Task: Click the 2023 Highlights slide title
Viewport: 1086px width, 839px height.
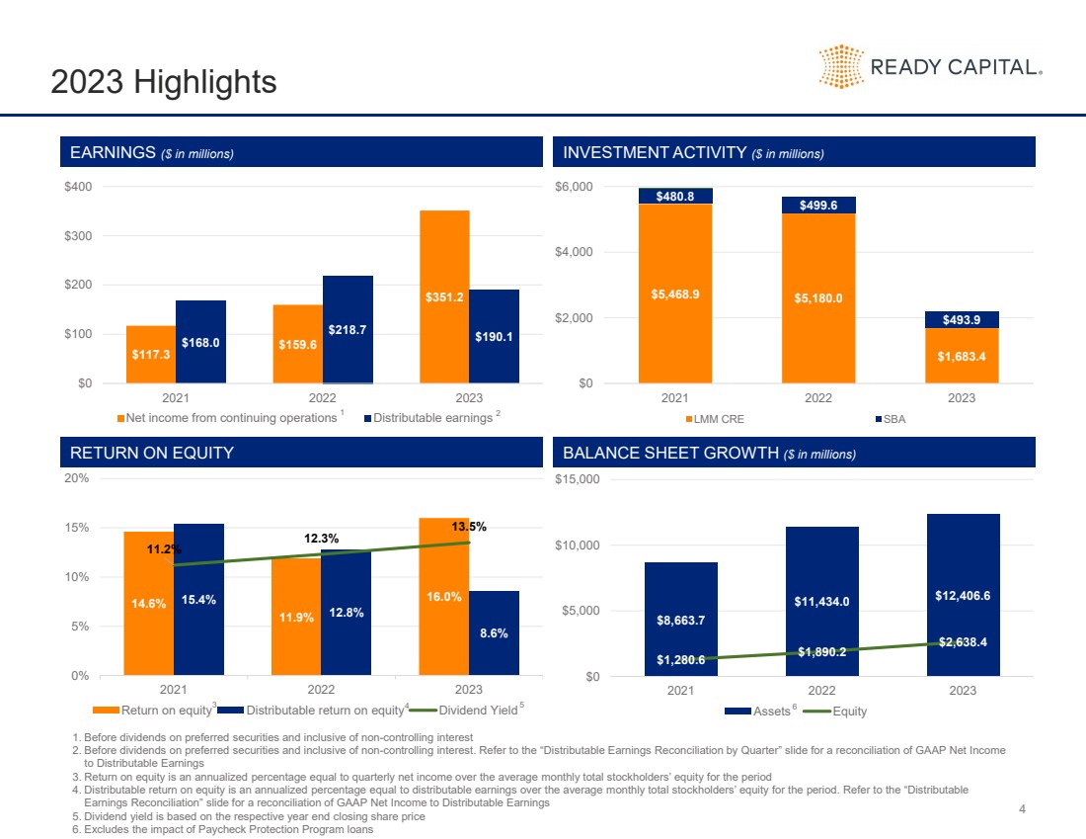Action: (164, 82)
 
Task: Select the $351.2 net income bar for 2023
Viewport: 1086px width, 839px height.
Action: (444, 295)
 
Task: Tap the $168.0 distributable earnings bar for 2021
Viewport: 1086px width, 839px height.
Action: (200, 342)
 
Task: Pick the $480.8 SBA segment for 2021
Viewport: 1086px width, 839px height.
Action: (675, 196)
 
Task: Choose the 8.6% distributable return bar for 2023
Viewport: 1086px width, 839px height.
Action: (494, 632)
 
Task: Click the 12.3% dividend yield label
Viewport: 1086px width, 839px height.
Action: (322, 539)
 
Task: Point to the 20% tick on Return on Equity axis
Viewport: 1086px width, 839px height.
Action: (77, 478)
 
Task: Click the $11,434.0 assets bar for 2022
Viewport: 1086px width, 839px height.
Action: (821, 601)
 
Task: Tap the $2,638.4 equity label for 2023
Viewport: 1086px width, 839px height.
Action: (964, 641)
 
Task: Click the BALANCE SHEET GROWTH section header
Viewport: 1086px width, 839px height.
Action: (709, 454)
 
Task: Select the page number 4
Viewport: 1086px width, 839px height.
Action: (1023, 810)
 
